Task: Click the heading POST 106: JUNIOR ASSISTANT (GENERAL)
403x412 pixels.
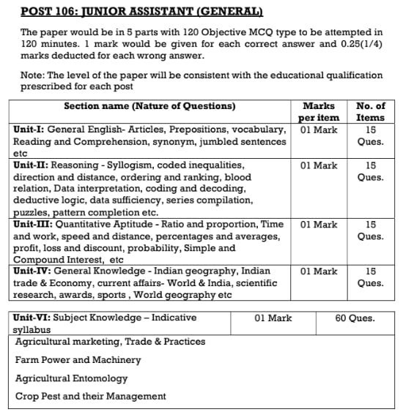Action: tap(141, 11)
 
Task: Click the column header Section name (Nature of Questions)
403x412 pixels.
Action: tap(149, 106)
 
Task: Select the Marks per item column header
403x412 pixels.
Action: tap(319, 111)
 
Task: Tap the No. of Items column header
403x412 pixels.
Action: tap(370, 111)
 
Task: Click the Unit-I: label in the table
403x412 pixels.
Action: tap(32, 129)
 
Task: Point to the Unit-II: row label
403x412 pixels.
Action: tap(34, 165)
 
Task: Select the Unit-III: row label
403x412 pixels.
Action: tap(36, 225)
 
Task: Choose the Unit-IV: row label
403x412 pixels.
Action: tap(35, 271)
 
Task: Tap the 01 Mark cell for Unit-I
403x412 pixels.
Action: tap(319, 130)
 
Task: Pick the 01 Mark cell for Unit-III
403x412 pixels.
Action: tap(319, 225)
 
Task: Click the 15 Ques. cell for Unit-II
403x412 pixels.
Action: tap(370, 171)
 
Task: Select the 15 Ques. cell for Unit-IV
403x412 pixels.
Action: tap(370, 277)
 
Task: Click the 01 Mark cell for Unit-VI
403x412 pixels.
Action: tap(273, 318)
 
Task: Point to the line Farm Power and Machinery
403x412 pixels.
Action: tap(78, 360)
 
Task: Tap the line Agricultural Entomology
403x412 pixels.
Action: tap(71, 378)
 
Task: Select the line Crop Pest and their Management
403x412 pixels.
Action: tap(90, 397)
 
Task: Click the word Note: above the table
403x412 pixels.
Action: tap(34, 75)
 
